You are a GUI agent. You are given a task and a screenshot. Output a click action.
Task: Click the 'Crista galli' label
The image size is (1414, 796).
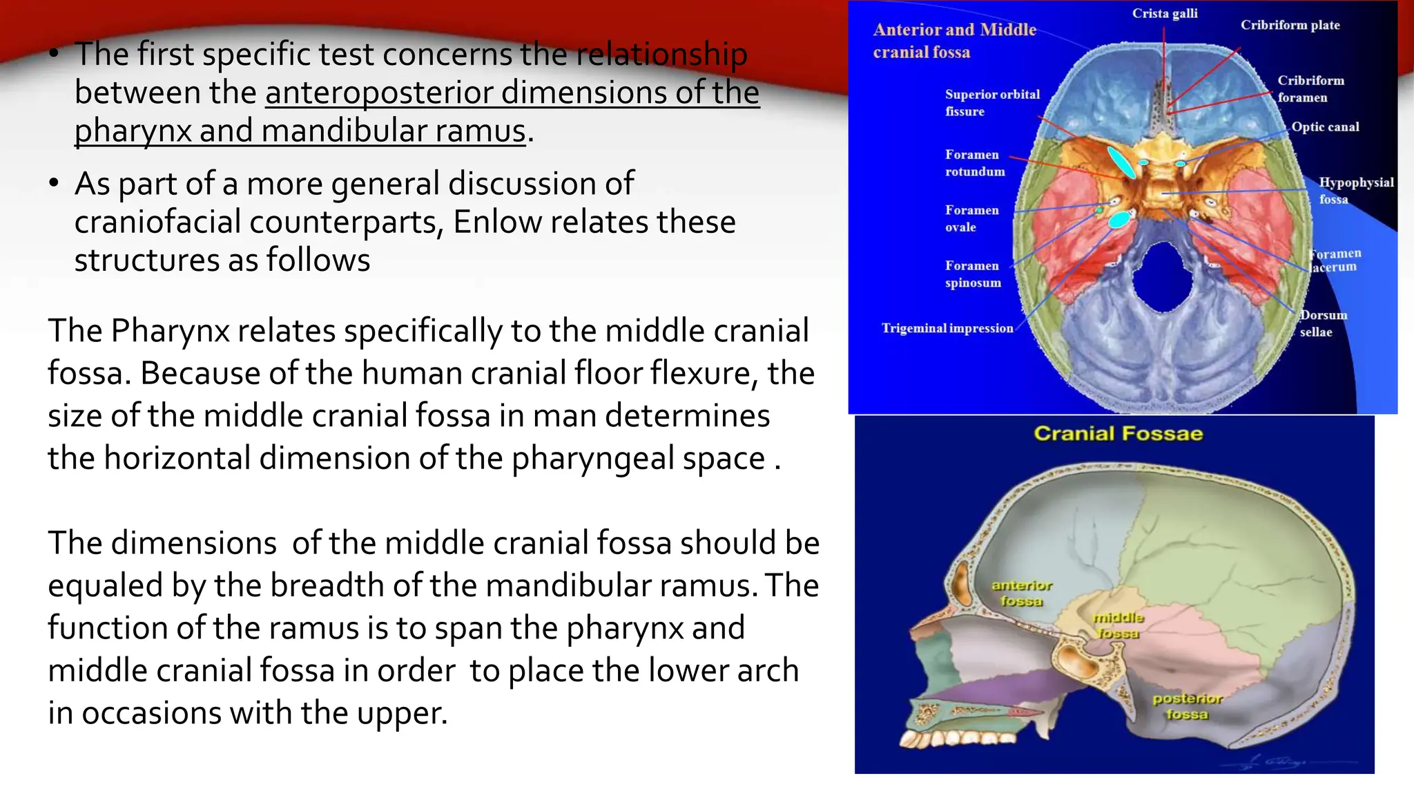pyautogui.click(x=1165, y=13)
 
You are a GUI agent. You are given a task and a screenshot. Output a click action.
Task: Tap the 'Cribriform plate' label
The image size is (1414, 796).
pyautogui.click(x=1290, y=25)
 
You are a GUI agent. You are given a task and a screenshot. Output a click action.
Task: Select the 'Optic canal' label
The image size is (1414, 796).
pyautogui.click(x=1325, y=127)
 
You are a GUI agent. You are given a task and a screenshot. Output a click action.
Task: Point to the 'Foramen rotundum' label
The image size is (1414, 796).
pyautogui.click(x=974, y=163)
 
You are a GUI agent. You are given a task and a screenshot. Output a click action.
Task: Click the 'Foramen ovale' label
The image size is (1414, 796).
pyautogui.click(x=971, y=218)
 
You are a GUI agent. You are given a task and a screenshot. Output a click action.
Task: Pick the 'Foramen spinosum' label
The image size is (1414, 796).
pyautogui.click(x=972, y=274)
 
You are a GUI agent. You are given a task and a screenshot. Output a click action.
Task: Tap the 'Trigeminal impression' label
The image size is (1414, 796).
pyautogui.click(x=947, y=328)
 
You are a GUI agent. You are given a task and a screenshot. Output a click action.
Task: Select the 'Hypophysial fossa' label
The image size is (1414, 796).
pyautogui.click(x=1355, y=191)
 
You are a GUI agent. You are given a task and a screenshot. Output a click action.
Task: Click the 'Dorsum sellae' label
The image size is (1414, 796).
pyautogui.click(x=1323, y=323)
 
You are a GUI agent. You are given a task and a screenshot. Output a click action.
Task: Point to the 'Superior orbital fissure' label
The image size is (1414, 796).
pyautogui.click(x=991, y=103)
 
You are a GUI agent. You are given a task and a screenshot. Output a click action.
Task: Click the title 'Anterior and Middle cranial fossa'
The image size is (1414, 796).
pyautogui.click(x=954, y=41)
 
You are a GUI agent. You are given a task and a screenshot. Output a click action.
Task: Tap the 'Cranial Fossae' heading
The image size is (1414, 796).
pyautogui.click(x=1118, y=434)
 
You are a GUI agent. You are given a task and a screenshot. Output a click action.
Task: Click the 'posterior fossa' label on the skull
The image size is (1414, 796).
pyautogui.click(x=1187, y=706)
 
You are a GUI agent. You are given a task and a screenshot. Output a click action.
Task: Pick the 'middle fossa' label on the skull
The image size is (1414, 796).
pyautogui.click(x=1118, y=625)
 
